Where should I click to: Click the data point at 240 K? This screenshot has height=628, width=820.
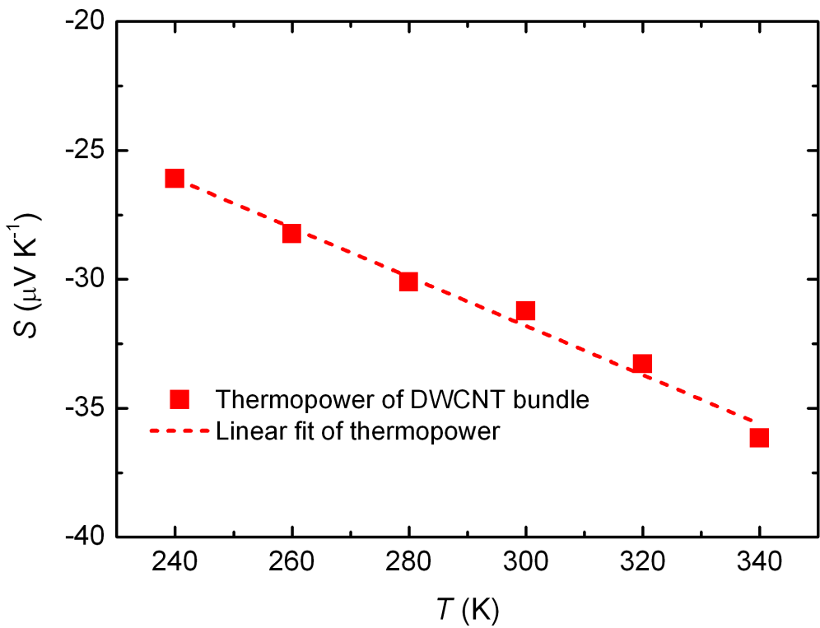[174, 178]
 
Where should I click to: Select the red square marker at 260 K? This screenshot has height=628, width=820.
[291, 233]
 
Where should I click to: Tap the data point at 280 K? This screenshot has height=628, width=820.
[408, 281]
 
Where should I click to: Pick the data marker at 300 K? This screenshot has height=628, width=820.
[525, 310]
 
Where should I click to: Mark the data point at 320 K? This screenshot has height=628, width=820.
[642, 363]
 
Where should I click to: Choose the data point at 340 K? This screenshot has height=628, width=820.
[759, 437]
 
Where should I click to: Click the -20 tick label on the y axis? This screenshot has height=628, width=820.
[86, 21]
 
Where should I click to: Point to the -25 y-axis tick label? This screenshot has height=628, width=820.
[86, 151]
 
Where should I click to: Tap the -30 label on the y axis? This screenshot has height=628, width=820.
[86, 279]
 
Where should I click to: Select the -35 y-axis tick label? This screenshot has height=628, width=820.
[86, 408]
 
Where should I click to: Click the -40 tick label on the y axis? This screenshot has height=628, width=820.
[86, 537]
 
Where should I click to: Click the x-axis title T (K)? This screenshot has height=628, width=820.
[466, 610]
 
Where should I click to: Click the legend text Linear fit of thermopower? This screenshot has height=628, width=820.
[357, 431]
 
